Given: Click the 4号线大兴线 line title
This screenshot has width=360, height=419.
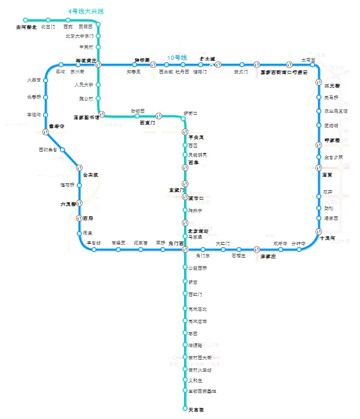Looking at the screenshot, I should [86, 11].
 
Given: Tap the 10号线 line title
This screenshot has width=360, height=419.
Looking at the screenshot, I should [176, 57].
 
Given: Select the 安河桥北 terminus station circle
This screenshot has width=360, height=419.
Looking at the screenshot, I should [25, 20].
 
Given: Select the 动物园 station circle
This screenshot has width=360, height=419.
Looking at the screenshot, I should [137, 116].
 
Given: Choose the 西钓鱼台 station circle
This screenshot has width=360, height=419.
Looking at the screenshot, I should [62, 149].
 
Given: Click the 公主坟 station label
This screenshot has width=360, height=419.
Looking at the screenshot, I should [90, 175].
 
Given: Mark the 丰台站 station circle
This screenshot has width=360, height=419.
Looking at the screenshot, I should [94, 250].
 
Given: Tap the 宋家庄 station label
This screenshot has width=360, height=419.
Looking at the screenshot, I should [268, 257].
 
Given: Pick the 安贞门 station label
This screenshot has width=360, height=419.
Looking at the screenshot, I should [241, 72].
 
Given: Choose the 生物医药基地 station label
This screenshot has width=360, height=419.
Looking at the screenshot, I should [202, 391].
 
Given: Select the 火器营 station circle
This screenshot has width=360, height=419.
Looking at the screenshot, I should [45, 80].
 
